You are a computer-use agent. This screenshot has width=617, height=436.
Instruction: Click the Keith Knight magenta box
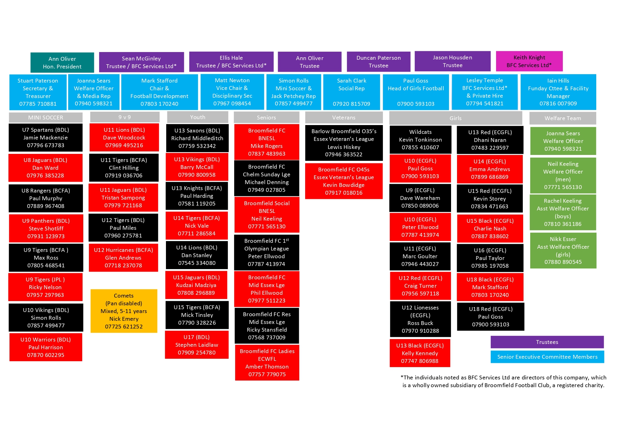(x=529, y=61)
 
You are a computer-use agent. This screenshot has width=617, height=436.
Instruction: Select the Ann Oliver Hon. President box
(x=62, y=63)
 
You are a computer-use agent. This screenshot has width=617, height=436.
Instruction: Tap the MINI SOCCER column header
(x=46, y=117)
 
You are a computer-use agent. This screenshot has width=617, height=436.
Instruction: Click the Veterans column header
(x=344, y=117)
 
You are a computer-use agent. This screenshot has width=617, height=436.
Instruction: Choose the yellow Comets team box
(x=124, y=311)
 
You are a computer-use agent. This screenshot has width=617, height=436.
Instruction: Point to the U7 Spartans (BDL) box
(x=46, y=137)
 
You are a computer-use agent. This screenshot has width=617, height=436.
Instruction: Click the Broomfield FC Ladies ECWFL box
(x=267, y=363)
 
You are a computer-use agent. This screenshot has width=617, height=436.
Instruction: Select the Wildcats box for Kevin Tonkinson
(x=420, y=139)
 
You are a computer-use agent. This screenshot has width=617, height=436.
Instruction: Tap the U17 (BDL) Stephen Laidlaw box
(x=197, y=345)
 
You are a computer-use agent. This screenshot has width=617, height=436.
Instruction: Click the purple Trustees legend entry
(x=547, y=342)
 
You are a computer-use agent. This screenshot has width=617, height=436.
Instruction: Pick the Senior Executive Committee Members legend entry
(x=547, y=357)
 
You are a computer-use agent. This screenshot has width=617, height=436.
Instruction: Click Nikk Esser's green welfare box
(x=563, y=250)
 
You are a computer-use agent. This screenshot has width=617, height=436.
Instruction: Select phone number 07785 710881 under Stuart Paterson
(x=38, y=104)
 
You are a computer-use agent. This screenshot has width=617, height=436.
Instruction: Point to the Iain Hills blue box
(x=558, y=92)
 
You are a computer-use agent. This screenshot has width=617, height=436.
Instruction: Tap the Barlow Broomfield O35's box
(x=344, y=143)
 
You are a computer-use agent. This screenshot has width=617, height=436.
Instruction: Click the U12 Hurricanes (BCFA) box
(x=123, y=258)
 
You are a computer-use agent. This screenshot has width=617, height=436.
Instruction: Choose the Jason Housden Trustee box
(x=452, y=61)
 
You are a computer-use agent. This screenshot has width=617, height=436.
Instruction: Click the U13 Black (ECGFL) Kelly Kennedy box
(x=420, y=353)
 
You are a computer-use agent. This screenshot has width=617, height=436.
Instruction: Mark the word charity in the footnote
(x=594, y=385)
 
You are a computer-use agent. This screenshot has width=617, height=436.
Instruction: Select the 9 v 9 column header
(x=124, y=117)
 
